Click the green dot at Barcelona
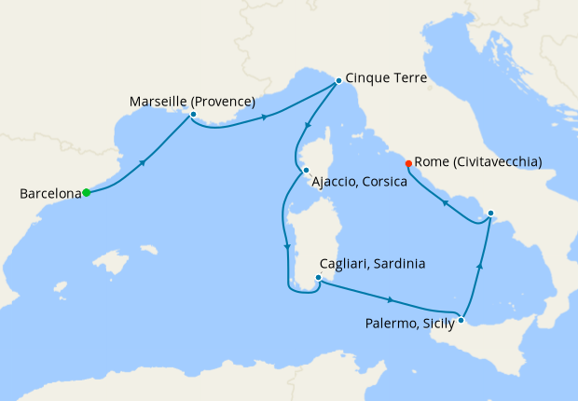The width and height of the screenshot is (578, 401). (86, 193)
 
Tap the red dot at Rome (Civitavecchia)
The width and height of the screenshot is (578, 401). (408, 164)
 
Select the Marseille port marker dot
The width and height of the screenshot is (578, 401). (193, 115)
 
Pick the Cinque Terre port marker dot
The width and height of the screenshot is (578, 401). (337, 81)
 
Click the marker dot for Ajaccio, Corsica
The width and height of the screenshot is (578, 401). (305, 170)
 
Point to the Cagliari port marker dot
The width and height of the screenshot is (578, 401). (319, 277)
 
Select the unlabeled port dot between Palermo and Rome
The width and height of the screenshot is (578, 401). (490, 214)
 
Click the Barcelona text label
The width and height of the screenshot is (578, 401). (48, 194)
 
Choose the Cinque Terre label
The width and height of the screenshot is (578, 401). (386, 79)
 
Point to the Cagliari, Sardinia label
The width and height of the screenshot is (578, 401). (372, 264)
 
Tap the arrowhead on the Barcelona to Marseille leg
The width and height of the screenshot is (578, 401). (143, 162)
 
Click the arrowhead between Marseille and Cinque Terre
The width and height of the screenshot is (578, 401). (267, 118)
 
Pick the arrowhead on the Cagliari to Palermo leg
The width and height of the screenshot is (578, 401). (390, 299)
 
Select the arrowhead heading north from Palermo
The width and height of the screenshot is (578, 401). (479, 266)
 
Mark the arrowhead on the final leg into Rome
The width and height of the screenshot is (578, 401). (445, 202)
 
